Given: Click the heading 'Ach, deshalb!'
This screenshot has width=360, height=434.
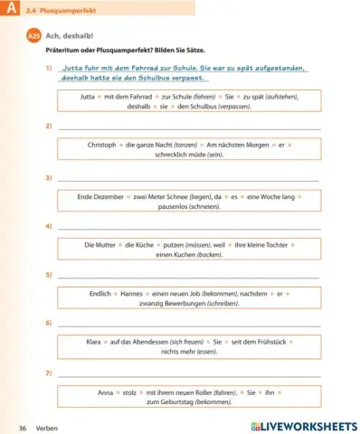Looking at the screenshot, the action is (x=66, y=36).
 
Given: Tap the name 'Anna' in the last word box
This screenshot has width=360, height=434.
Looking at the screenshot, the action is (x=105, y=392).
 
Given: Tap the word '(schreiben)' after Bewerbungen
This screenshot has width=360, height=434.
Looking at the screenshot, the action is (x=221, y=303).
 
